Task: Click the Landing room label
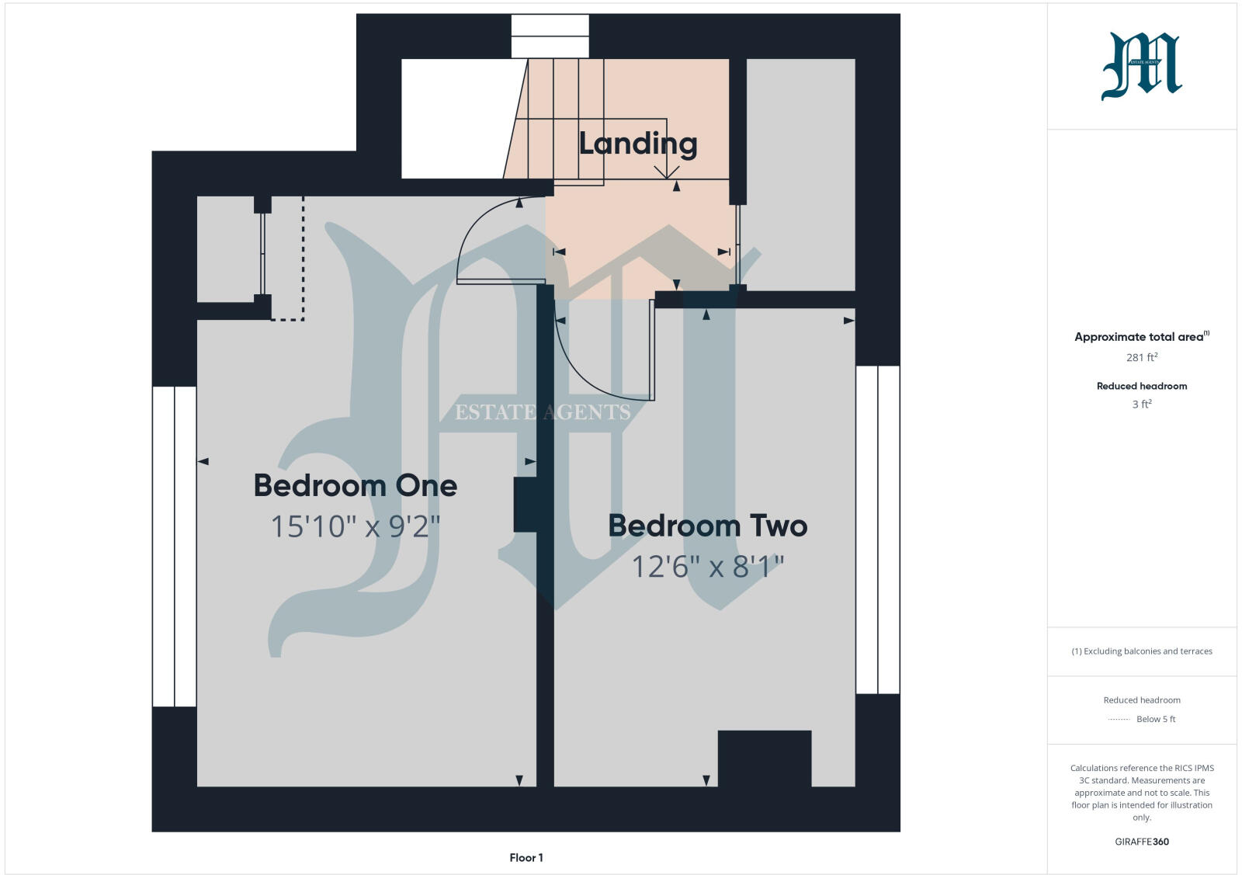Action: click(x=638, y=144)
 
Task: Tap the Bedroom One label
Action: click(x=356, y=486)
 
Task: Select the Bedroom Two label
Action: click(x=707, y=526)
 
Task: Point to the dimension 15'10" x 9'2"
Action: click(x=356, y=527)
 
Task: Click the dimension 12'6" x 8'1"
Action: click(x=707, y=568)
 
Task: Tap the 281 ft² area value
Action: click(x=1142, y=357)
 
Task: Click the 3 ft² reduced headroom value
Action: click(x=1142, y=405)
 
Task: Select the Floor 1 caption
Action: click(x=526, y=858)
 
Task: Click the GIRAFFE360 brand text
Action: click(x=1142, y=842)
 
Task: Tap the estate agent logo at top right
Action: click(x=1142, y=66)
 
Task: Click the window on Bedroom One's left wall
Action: click(x=174, y=547)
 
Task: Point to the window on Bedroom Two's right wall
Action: click(x=878, y=530)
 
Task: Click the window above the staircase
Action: click(x=550, y=36)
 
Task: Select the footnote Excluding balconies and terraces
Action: click(x=1142, y=651)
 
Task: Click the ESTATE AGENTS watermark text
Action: click(x=543, y=412)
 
